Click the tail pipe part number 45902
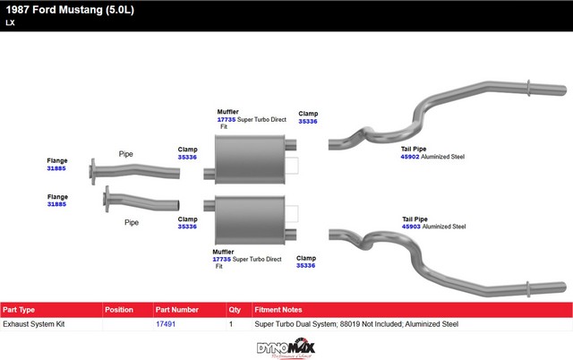tap(410, 157)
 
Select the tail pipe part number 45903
tap(411, 227)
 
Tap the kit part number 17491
tap(166, 324)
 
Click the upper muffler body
tap(250, 159)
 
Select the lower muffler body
tap(250, 220)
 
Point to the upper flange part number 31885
tap(56, 168)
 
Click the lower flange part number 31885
tap(56, 204)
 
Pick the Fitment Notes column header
tap(278, 310)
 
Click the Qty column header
tap(235, 310)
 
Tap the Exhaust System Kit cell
tap(34, 324)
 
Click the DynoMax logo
tap(286, 348)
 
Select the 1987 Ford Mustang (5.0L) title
tap(70, 10)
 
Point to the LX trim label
tap(10, 22)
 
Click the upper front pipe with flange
tap(134, 171)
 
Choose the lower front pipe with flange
tap(141, 201)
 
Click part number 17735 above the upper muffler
tap(227, 119)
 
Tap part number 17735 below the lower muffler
tap(222, 259)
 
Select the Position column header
tap(119, 310)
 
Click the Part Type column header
tap(19, 310)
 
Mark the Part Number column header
tap(177, 310)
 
